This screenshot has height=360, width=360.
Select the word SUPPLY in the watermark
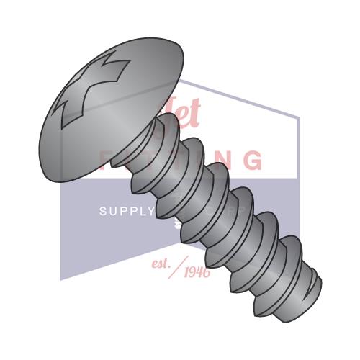point(126,212)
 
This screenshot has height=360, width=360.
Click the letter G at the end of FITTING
point(253,160)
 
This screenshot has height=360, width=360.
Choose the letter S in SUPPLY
point(102,212)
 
